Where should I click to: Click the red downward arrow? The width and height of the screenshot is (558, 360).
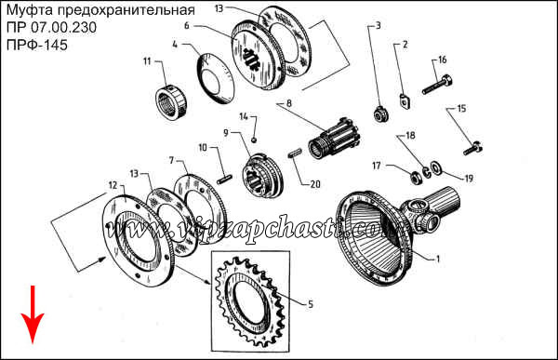tap(33, 314)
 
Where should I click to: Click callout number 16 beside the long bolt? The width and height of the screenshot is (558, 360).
tap(443, 60)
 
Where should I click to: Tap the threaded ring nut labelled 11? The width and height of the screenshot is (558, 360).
tap(171, 103)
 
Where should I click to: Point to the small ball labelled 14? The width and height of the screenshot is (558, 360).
tap(254, 140)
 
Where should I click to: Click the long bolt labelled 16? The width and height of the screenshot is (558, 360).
tap(437, 85)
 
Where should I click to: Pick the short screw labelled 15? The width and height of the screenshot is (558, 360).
tap(473, 148)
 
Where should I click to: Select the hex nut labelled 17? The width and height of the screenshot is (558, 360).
tap(415, 177)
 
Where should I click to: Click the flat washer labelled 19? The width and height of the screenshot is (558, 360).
tap(435, 167)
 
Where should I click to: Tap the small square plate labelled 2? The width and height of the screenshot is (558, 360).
tap(404, 100)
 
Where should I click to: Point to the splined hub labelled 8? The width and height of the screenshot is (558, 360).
tap(335, 139)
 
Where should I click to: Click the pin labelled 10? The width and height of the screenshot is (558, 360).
tap(224, 179)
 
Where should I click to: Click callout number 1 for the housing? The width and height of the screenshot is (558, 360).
tap(438, 259)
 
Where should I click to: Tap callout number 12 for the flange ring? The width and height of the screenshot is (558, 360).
tap(113, 185)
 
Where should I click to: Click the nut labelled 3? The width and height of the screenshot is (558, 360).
tap(380, 114)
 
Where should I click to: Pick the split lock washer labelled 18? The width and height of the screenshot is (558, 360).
tap(426, 171)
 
